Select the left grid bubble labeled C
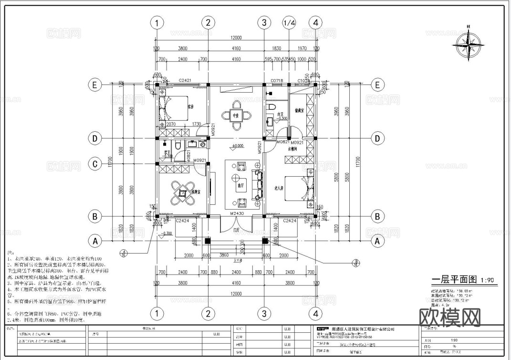pos(95,164)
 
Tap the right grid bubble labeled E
pos(377,85)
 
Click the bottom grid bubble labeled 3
pos(264,314)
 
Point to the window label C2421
pos(185,81)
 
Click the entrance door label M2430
pos(237,213)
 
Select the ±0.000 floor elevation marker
pos(237,146)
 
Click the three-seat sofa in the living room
pos(259,184)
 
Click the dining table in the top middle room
pos(236,115)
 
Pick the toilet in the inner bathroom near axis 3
pos(272,106)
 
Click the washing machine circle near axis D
pos(203,144)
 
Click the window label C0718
pos(277,81)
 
